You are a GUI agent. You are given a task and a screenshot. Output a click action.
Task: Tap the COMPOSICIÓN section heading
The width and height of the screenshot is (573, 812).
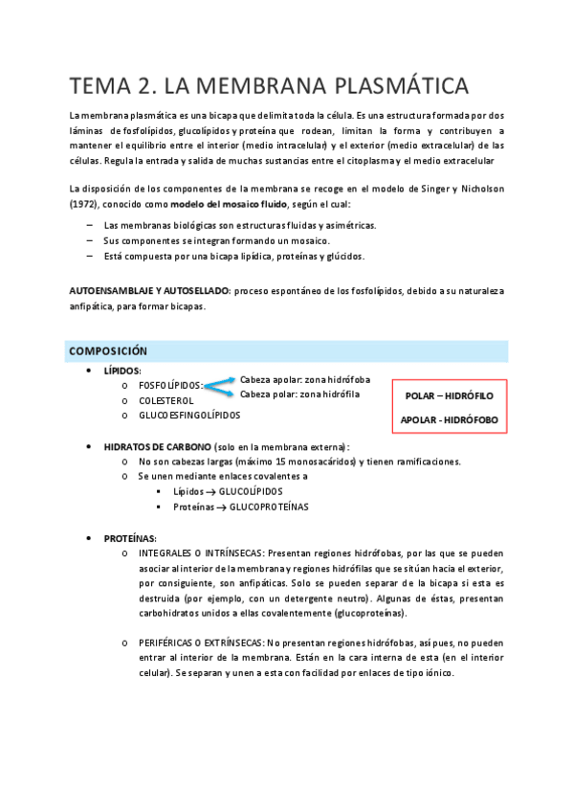107,351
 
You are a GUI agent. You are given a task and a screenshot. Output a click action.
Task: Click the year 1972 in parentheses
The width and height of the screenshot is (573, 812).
85,204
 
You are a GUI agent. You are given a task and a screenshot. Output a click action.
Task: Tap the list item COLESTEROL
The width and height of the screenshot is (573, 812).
166,400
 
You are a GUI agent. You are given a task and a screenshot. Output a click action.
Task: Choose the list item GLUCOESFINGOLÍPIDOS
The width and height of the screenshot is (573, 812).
189,416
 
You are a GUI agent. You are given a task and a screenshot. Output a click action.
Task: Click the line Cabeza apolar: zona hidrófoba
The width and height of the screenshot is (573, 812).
305,379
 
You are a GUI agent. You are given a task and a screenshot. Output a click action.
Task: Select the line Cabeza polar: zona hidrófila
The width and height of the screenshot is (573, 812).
299,394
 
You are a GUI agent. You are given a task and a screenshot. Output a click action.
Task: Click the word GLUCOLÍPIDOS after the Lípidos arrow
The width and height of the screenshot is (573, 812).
251,491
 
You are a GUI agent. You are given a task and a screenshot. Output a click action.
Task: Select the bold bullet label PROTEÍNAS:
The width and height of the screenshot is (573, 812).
130,538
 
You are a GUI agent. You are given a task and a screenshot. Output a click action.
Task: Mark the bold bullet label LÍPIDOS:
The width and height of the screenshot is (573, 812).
122,371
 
